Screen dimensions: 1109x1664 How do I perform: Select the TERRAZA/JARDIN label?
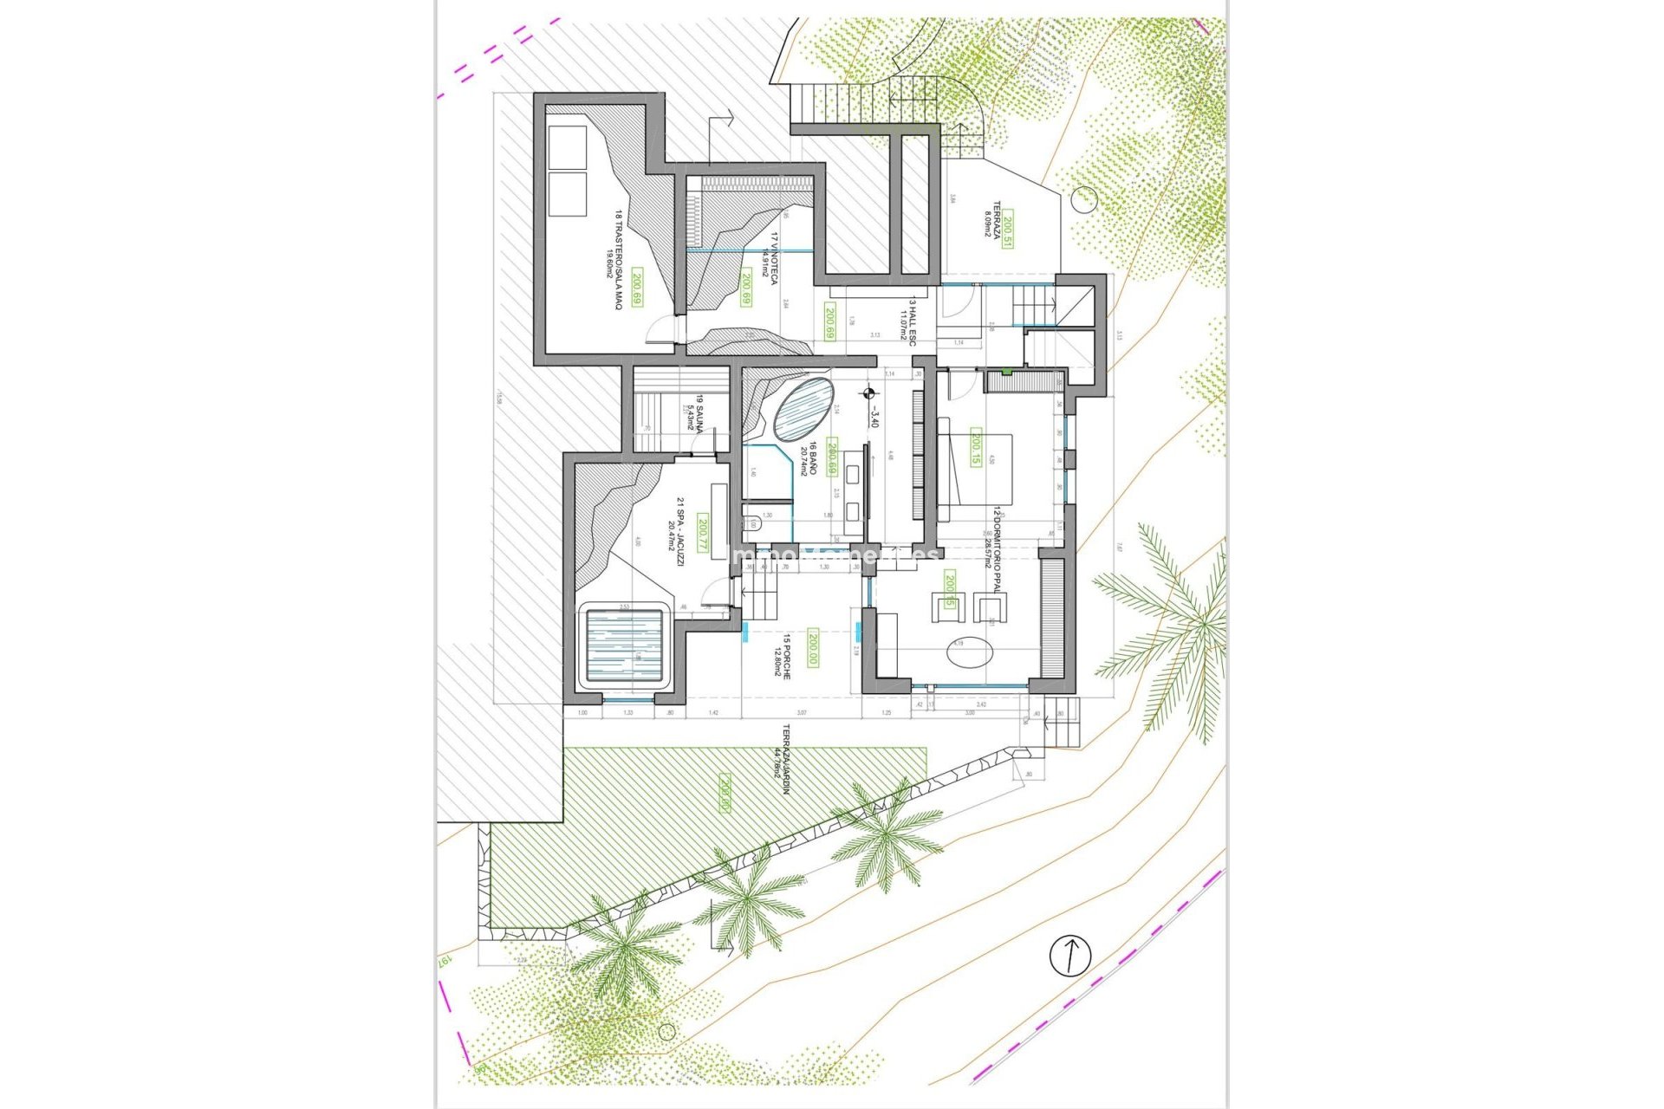tap(787, 754)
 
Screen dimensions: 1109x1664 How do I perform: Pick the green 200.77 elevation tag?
tap(704, 534)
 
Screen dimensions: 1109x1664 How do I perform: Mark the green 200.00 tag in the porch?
tap(813, 646)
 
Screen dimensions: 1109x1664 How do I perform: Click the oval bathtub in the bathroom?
tap(803, 408)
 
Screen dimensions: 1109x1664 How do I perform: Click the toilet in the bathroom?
tap(752, 523)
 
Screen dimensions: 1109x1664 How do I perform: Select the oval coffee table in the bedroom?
tap(969, 652)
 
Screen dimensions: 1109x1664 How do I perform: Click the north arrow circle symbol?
tap(1070, 956)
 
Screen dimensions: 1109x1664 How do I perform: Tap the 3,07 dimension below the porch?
tap(801, 712)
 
